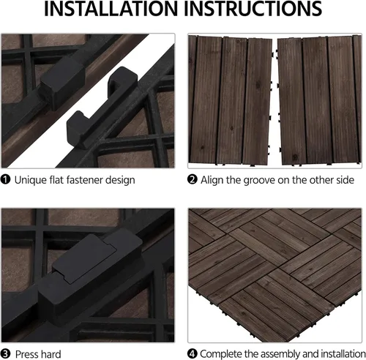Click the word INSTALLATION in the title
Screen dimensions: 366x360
click(111, 9)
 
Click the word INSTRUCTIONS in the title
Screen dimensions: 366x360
click(253, 9)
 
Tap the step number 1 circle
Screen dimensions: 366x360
click(6, 180)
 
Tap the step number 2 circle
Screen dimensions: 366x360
click(193, 180)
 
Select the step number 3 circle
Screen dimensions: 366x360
click(6, 354)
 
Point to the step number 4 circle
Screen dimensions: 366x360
click(193, 353)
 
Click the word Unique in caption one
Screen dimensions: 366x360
click(31, 181)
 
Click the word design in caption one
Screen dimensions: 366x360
click(120, 181)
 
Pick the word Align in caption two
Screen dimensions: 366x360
click(212, 181)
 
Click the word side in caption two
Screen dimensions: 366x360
click(345, 180)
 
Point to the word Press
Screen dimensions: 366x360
click(26, 354)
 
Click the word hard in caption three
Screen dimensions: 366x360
click(50, 354)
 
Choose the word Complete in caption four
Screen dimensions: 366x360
click(221, 354)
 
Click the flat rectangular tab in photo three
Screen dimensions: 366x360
click(84, 258)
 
